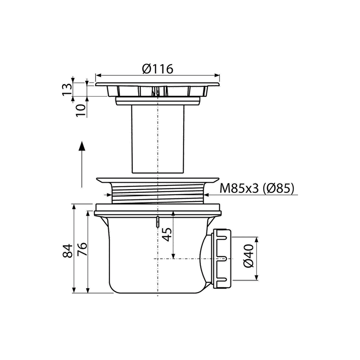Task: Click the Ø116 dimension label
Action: [x=157, y=69]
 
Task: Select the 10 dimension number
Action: [x=81, y=110]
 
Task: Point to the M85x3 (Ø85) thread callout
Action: [x=257, y=189]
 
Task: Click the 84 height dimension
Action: [x=68, y=251]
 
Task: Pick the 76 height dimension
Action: [x=82, y=249]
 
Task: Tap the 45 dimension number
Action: [x=167, y=234]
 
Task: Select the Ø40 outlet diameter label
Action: [x=248, y=256]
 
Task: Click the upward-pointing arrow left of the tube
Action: [x=82, y=164]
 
